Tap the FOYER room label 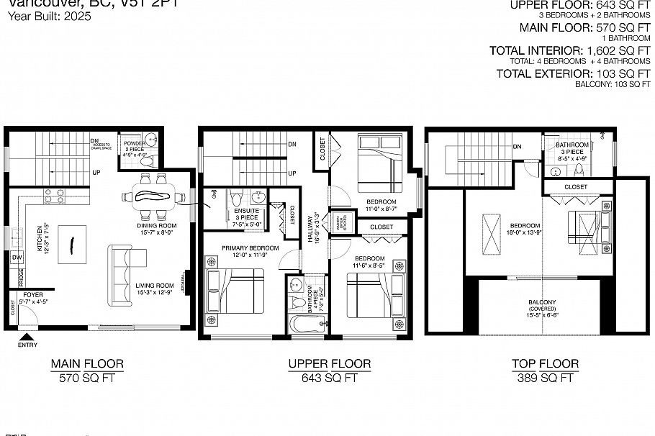coord(33,294)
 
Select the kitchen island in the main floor coord(72,240)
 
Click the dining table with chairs coord(150,194)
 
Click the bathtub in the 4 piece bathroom coord(304,322)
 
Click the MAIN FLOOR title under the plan coord(88,364)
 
